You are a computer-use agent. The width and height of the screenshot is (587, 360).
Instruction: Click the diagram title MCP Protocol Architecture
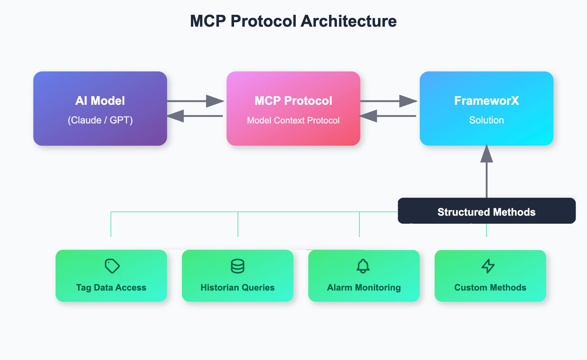point(293,21)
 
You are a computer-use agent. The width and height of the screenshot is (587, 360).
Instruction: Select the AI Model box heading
point(100,101)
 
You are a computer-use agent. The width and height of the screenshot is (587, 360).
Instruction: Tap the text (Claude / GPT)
point(100,120)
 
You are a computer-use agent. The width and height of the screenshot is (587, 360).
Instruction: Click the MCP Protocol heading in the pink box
point(293,101)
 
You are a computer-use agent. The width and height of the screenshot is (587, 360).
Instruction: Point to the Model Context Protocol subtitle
point(293,120)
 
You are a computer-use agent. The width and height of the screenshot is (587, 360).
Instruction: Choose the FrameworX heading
point(486,101)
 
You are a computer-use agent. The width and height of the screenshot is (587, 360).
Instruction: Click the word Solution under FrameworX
point(486,120)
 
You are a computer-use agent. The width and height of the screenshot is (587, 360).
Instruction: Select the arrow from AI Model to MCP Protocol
point(195,101)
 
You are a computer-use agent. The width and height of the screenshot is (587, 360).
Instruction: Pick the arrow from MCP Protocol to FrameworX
point(389,101)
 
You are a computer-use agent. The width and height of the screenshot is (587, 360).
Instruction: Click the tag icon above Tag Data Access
point(112,266)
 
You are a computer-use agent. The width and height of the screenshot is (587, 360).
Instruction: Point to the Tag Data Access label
point(111,287)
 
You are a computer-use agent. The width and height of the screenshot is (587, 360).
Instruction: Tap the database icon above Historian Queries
point(238,266)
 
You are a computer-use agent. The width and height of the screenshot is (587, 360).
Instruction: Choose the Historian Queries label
point(238,287)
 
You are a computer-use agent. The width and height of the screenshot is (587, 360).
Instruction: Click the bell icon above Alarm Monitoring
point(363,266)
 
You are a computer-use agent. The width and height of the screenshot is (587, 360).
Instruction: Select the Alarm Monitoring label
point(364,287)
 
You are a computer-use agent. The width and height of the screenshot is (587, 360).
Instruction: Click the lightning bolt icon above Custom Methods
point(488,266)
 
